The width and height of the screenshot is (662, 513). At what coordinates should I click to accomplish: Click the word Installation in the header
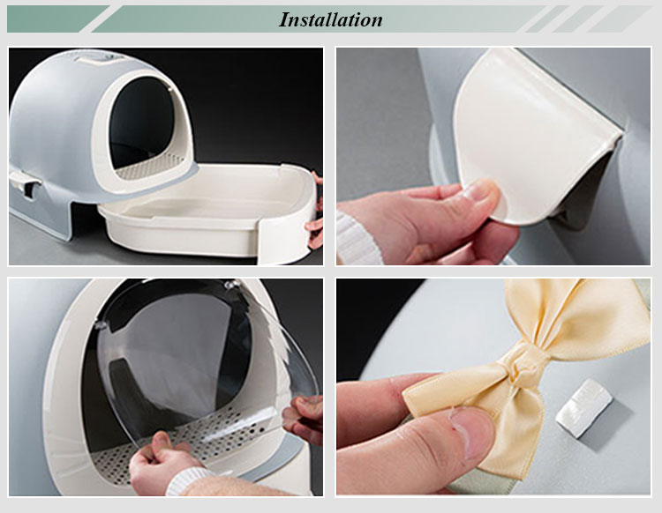(330, 19)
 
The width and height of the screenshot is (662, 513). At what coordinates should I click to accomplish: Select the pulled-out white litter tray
(212, 212)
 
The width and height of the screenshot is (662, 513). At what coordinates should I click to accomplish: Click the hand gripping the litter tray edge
(315, 220)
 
